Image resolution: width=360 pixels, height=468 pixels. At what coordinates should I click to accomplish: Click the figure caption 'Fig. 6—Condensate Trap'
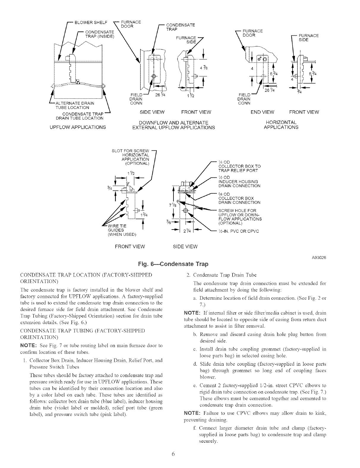click(173, 264)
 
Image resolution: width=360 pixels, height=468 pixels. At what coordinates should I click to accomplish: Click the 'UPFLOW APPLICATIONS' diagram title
click(78, 127)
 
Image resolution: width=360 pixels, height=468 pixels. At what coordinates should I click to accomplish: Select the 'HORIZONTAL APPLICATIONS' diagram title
click(281, 125)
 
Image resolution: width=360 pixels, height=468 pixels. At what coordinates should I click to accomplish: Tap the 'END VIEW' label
click(263, 112)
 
